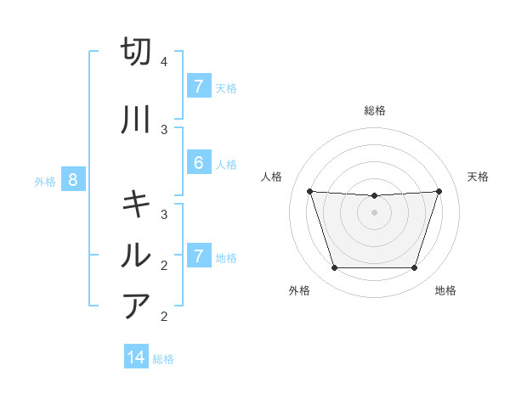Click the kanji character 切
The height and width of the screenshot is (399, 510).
(x=136, y=52)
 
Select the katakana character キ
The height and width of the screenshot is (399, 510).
(x=136, y=204)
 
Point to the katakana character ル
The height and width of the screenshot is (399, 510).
(x=136, y=255)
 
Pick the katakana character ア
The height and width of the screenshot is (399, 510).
(x=136, y=306)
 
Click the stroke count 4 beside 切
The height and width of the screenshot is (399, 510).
(x=163, y=62)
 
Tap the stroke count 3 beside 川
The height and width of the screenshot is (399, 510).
(x=163, y=130)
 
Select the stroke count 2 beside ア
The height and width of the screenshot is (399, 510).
(x=163, y=317)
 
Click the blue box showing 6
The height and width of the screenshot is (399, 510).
(x=198, y=163)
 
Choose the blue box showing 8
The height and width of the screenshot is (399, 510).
(x=72, y=180)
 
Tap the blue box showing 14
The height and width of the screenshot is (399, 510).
(x=136, y=357)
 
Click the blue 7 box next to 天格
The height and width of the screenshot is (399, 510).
(x=198, y=87)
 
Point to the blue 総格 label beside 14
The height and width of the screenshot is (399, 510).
(x=163, y=359)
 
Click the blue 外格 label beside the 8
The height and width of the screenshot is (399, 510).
(x=45, y=181)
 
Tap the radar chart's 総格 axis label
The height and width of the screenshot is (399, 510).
(x=374, y=110)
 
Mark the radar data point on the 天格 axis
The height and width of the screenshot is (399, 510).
(x=439, y=191)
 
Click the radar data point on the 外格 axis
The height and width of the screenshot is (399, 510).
(x=334, y=268)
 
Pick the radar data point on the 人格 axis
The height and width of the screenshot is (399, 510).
(x=309, y=191)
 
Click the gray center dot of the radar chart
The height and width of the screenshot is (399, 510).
(x=374, y=211)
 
